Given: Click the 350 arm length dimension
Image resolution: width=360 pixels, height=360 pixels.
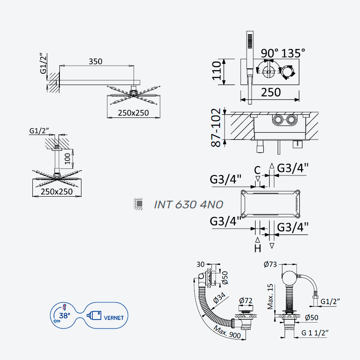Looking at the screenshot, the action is tap(95, 62).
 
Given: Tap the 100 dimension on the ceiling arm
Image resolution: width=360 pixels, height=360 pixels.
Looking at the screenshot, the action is tap(67, 158).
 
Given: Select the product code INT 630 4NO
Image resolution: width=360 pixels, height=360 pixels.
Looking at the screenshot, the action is tap(189, 205).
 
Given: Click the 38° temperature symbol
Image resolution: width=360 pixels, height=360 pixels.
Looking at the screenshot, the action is tap(64, 315).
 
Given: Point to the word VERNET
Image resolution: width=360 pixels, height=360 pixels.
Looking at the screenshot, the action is tap(114, 318).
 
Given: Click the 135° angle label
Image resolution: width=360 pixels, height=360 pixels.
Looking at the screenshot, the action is tap(293, 53).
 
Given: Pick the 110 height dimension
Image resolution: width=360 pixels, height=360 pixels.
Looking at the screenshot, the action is tap(216, 71).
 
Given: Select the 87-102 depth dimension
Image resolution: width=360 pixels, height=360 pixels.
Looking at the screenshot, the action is tap(216, 128).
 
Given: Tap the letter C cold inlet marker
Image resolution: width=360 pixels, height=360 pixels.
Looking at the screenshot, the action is tap(257, 171).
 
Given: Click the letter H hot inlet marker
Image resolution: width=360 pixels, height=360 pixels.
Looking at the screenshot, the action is tap(257, 248).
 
